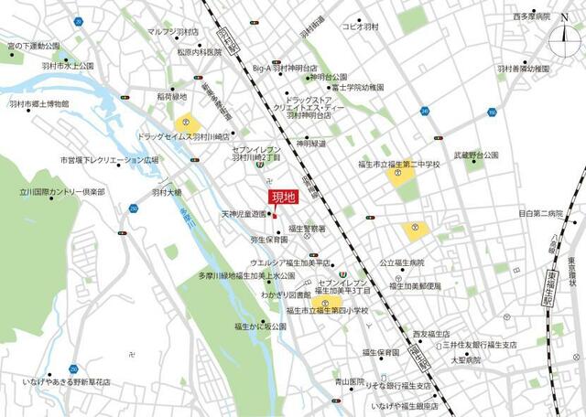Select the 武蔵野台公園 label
pos(476,155)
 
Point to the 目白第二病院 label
pos(540,213)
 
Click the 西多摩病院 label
pos(531,16)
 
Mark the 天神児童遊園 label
pos(244,214)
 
